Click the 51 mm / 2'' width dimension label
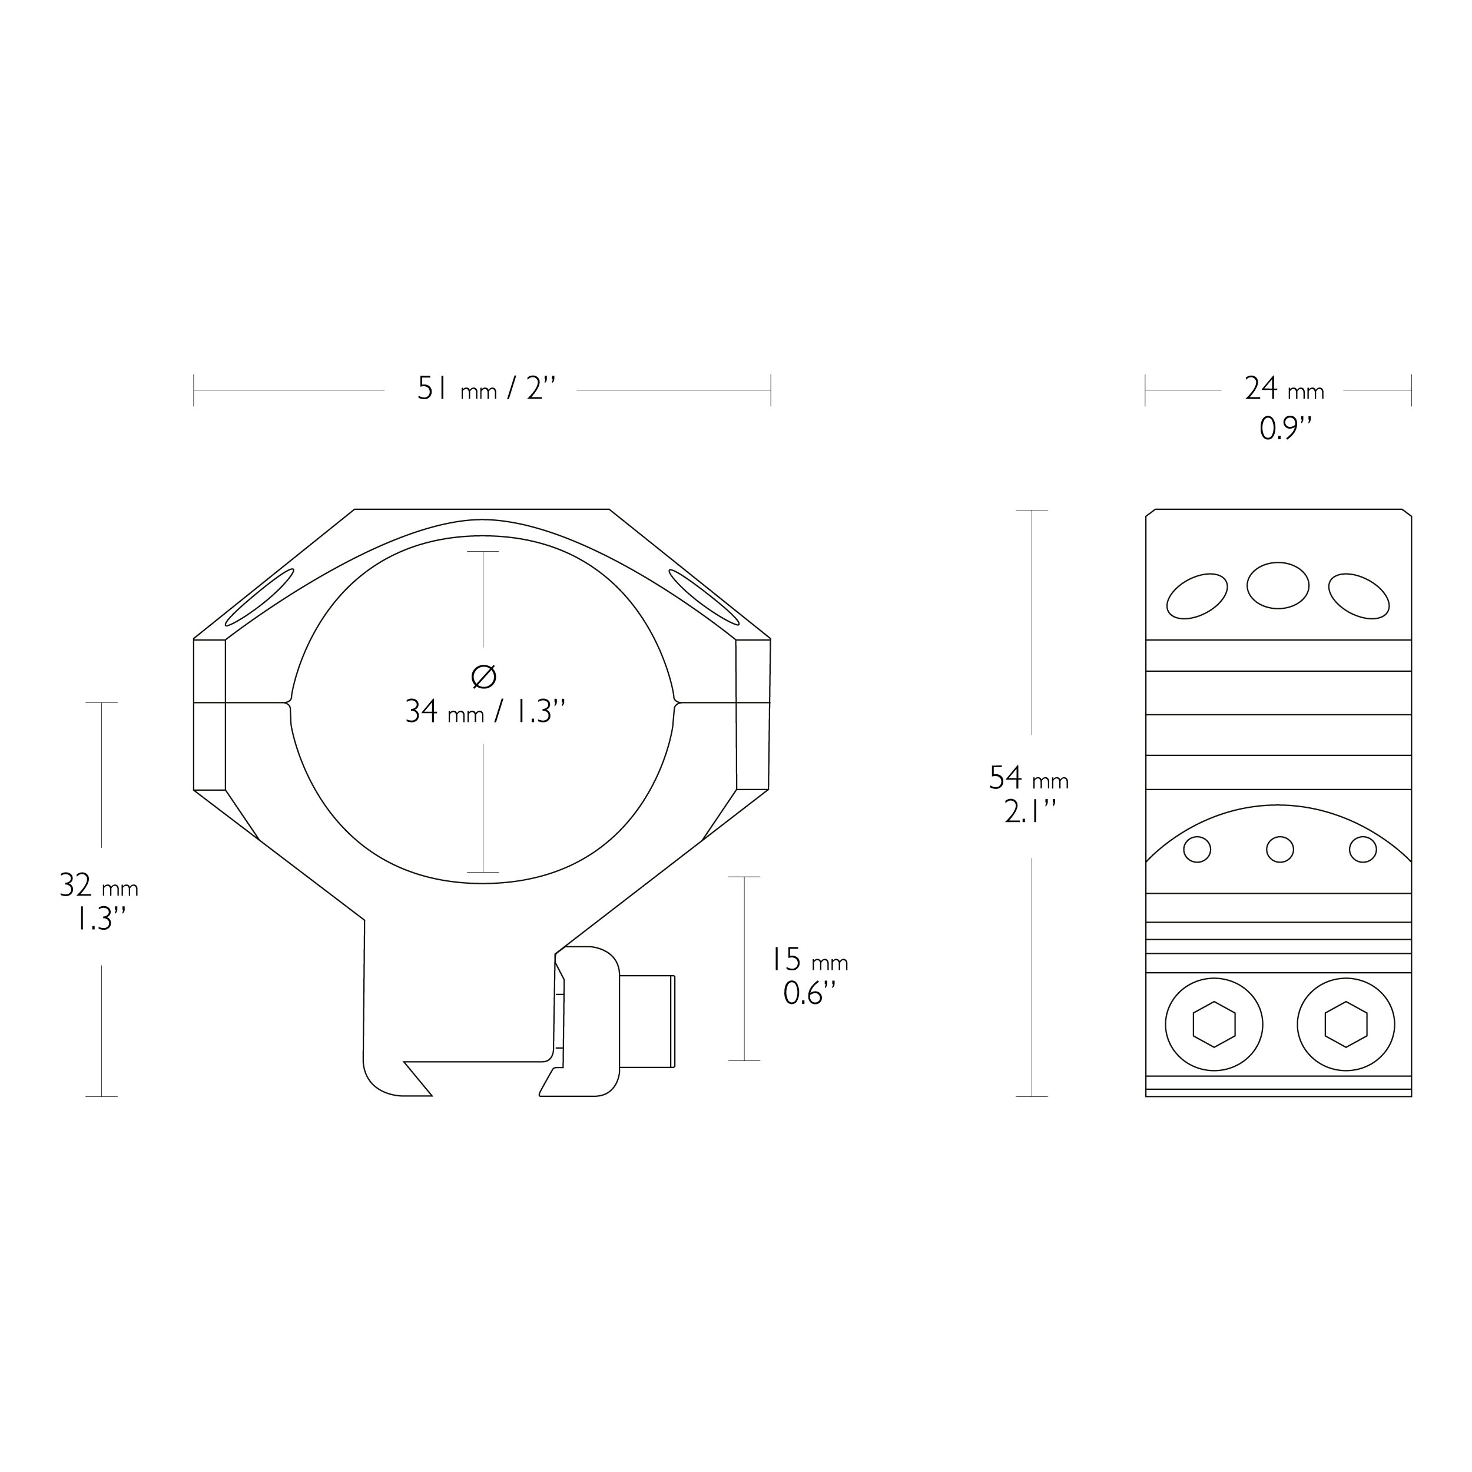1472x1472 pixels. click(x=486, y=389)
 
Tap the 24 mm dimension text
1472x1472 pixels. click(x=1285, y=389)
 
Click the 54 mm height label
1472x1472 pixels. click(x=1029, y=778)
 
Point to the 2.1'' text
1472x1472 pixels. click(x=1030, y=812)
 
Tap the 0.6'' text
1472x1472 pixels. click(x=809, y=993)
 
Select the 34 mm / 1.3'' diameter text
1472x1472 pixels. click(x=485, y=712)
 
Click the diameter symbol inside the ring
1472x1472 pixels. click(x=484, y=677)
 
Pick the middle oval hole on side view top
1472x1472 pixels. click(x=1278, y=585)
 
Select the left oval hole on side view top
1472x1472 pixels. click(x=1197, y=596)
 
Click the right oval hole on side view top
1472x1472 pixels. click(x=1358, y=596)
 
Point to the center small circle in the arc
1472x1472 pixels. click(x=1279, y=850)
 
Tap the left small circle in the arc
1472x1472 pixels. click(x=1197, y=850)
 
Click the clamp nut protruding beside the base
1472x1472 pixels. click(x=648, y=1021)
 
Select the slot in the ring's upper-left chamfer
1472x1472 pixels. click(x=259, y=597)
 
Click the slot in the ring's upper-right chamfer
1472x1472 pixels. click(x=704, y=597)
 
